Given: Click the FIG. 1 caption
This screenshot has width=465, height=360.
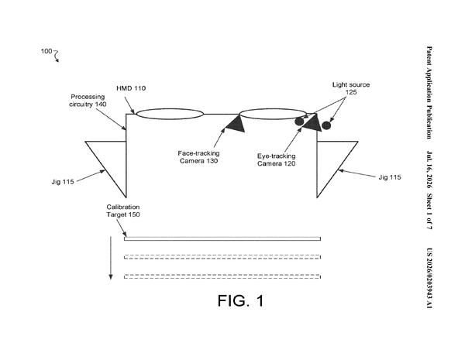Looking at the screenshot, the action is pos(240,300).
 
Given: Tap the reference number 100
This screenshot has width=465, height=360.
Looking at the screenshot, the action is pos(46,51).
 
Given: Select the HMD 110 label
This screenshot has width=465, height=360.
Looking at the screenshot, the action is pos(131,88).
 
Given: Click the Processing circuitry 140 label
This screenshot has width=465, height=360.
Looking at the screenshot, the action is pos(88,101).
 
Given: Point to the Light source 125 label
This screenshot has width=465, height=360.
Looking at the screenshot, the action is pos(351,88).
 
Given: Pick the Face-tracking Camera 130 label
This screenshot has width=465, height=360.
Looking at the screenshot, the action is pos(198,157).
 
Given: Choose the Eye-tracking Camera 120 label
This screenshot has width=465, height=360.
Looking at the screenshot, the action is pos(277,159).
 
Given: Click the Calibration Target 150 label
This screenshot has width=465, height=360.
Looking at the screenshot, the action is pos(123,211).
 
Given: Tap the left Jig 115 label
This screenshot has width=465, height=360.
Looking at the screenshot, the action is pos(63,182).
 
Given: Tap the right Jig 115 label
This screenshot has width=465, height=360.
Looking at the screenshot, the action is pos(390,177).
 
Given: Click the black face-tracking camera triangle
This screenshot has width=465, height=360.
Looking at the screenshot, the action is pos(236,125).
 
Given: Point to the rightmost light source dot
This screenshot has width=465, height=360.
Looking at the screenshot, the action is pos(326,125).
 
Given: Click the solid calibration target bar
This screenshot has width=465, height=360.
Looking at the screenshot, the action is pos(222,238).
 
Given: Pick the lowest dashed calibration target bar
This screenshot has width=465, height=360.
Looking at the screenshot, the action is pos(222,276).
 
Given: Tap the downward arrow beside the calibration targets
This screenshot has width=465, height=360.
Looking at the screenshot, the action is pos(111,258).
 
